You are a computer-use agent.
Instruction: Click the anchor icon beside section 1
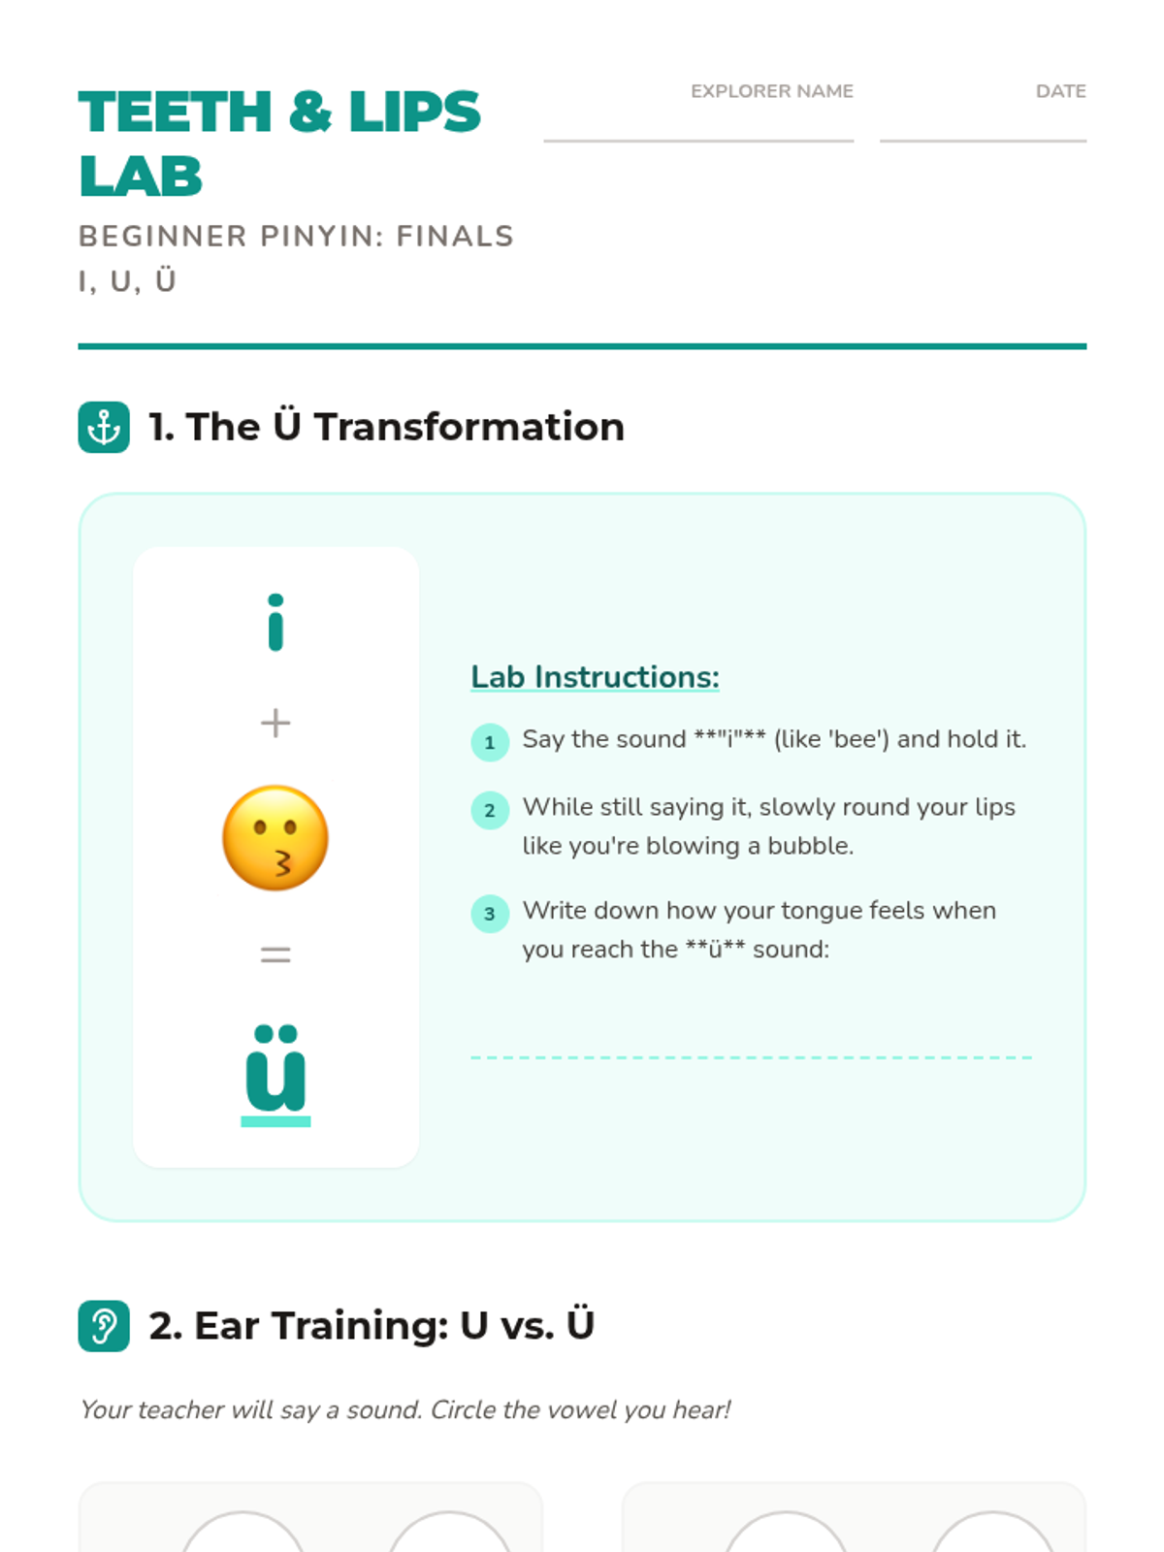104,427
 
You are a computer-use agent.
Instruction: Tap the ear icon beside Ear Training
104,1326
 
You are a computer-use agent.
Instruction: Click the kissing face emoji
275,838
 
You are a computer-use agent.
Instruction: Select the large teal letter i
275,622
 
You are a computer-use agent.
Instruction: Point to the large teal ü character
275,1068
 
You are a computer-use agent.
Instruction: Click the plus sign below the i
275,724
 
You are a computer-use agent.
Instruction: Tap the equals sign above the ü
275,955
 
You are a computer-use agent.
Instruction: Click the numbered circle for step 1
490,742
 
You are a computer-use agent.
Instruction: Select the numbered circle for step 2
490,810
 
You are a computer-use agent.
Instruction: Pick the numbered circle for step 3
490,914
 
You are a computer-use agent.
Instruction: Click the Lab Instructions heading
595,677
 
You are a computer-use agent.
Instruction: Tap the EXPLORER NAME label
772,91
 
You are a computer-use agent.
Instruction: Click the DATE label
1061,91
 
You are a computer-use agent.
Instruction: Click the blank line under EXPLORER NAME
699,141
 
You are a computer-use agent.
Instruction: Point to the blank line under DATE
983,141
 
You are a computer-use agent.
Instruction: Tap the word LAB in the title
141,177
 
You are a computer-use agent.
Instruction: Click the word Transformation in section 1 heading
469,427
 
